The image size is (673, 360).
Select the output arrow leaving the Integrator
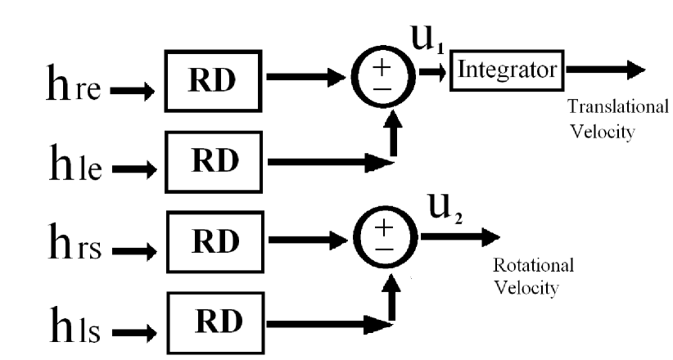coord(605,70)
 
